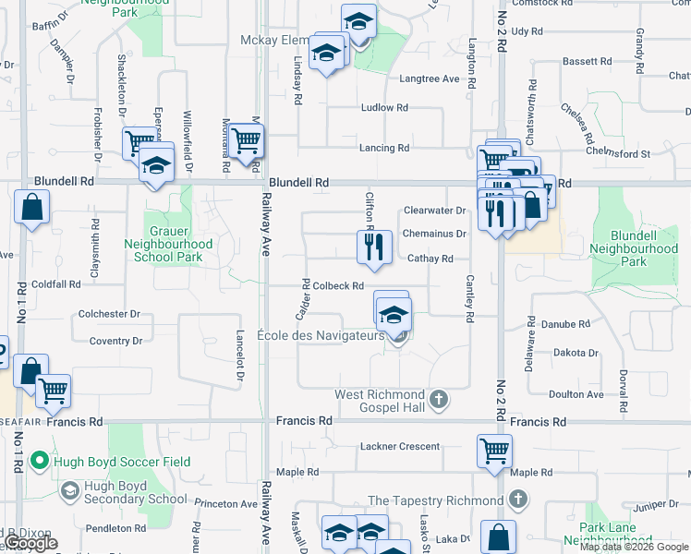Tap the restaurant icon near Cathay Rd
(x=374, y=247)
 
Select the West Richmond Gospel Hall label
(x=380, y=401)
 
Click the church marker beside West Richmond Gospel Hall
(x=439, y=401)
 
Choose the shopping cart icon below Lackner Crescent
(x=494, y=451)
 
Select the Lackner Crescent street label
(x=400, y=447)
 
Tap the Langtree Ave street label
(x=429, y=79)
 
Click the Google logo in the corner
(x=30, y=544)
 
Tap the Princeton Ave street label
(x=225, y=504)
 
